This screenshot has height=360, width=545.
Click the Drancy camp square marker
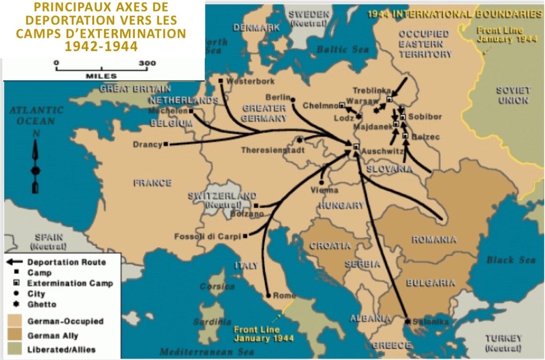coord(166,144)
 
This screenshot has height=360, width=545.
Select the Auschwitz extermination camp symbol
coord(356,147)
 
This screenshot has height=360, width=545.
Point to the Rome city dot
coord(268,296)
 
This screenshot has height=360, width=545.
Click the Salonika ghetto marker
coord(407,321)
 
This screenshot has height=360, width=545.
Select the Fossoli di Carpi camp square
coord(245,236)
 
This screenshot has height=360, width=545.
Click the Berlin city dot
coord(293,99)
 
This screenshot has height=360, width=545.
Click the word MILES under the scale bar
coord(101,76)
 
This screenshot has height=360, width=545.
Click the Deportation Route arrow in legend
coord(15,262)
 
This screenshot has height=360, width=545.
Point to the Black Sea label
coord(510,260)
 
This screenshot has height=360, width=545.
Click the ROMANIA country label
coord(434,240)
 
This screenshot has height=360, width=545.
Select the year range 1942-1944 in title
coord(101,46)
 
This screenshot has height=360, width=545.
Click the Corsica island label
coord(217,287)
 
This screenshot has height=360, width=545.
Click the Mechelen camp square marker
coord(191,111)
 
